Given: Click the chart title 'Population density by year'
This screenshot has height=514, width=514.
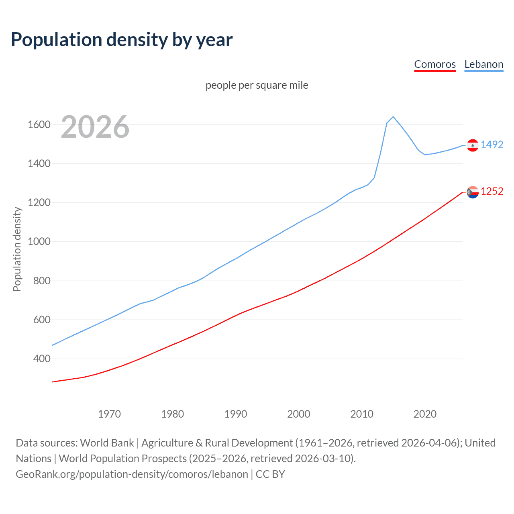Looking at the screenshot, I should (122, 40).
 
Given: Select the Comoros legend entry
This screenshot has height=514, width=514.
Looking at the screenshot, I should (435, 65).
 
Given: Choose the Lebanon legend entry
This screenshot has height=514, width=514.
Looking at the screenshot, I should (483, 65).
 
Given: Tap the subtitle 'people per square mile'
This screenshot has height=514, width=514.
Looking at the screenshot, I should (257, 85).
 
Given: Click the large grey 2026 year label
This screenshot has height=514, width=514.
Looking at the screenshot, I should (95, 127).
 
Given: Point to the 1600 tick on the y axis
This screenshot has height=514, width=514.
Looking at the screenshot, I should (39, 124).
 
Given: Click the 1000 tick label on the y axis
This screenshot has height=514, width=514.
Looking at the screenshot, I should (39, 241).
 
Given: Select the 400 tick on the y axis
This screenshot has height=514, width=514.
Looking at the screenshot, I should (42, 359).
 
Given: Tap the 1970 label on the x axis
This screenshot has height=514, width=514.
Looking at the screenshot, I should (109, 414).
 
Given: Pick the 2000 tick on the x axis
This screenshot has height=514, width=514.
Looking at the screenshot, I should (299, 414).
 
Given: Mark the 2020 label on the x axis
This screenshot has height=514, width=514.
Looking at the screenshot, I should (425, 414).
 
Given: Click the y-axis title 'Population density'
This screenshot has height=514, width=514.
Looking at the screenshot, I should (17, 249).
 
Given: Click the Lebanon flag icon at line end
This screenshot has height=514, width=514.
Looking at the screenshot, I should (473, 145).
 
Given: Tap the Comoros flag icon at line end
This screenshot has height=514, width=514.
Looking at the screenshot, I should (473, 192).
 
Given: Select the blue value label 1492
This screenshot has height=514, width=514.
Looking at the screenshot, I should (492, 145).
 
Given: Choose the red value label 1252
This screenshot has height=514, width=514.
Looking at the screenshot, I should (492, 191).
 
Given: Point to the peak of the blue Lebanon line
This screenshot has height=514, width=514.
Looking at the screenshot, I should (393, 117).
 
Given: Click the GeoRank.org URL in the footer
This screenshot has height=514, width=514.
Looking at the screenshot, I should (132, 474).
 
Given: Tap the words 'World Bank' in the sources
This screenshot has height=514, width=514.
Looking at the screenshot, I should (107, 443).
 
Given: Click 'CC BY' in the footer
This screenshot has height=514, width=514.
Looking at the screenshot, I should (270, 474).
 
